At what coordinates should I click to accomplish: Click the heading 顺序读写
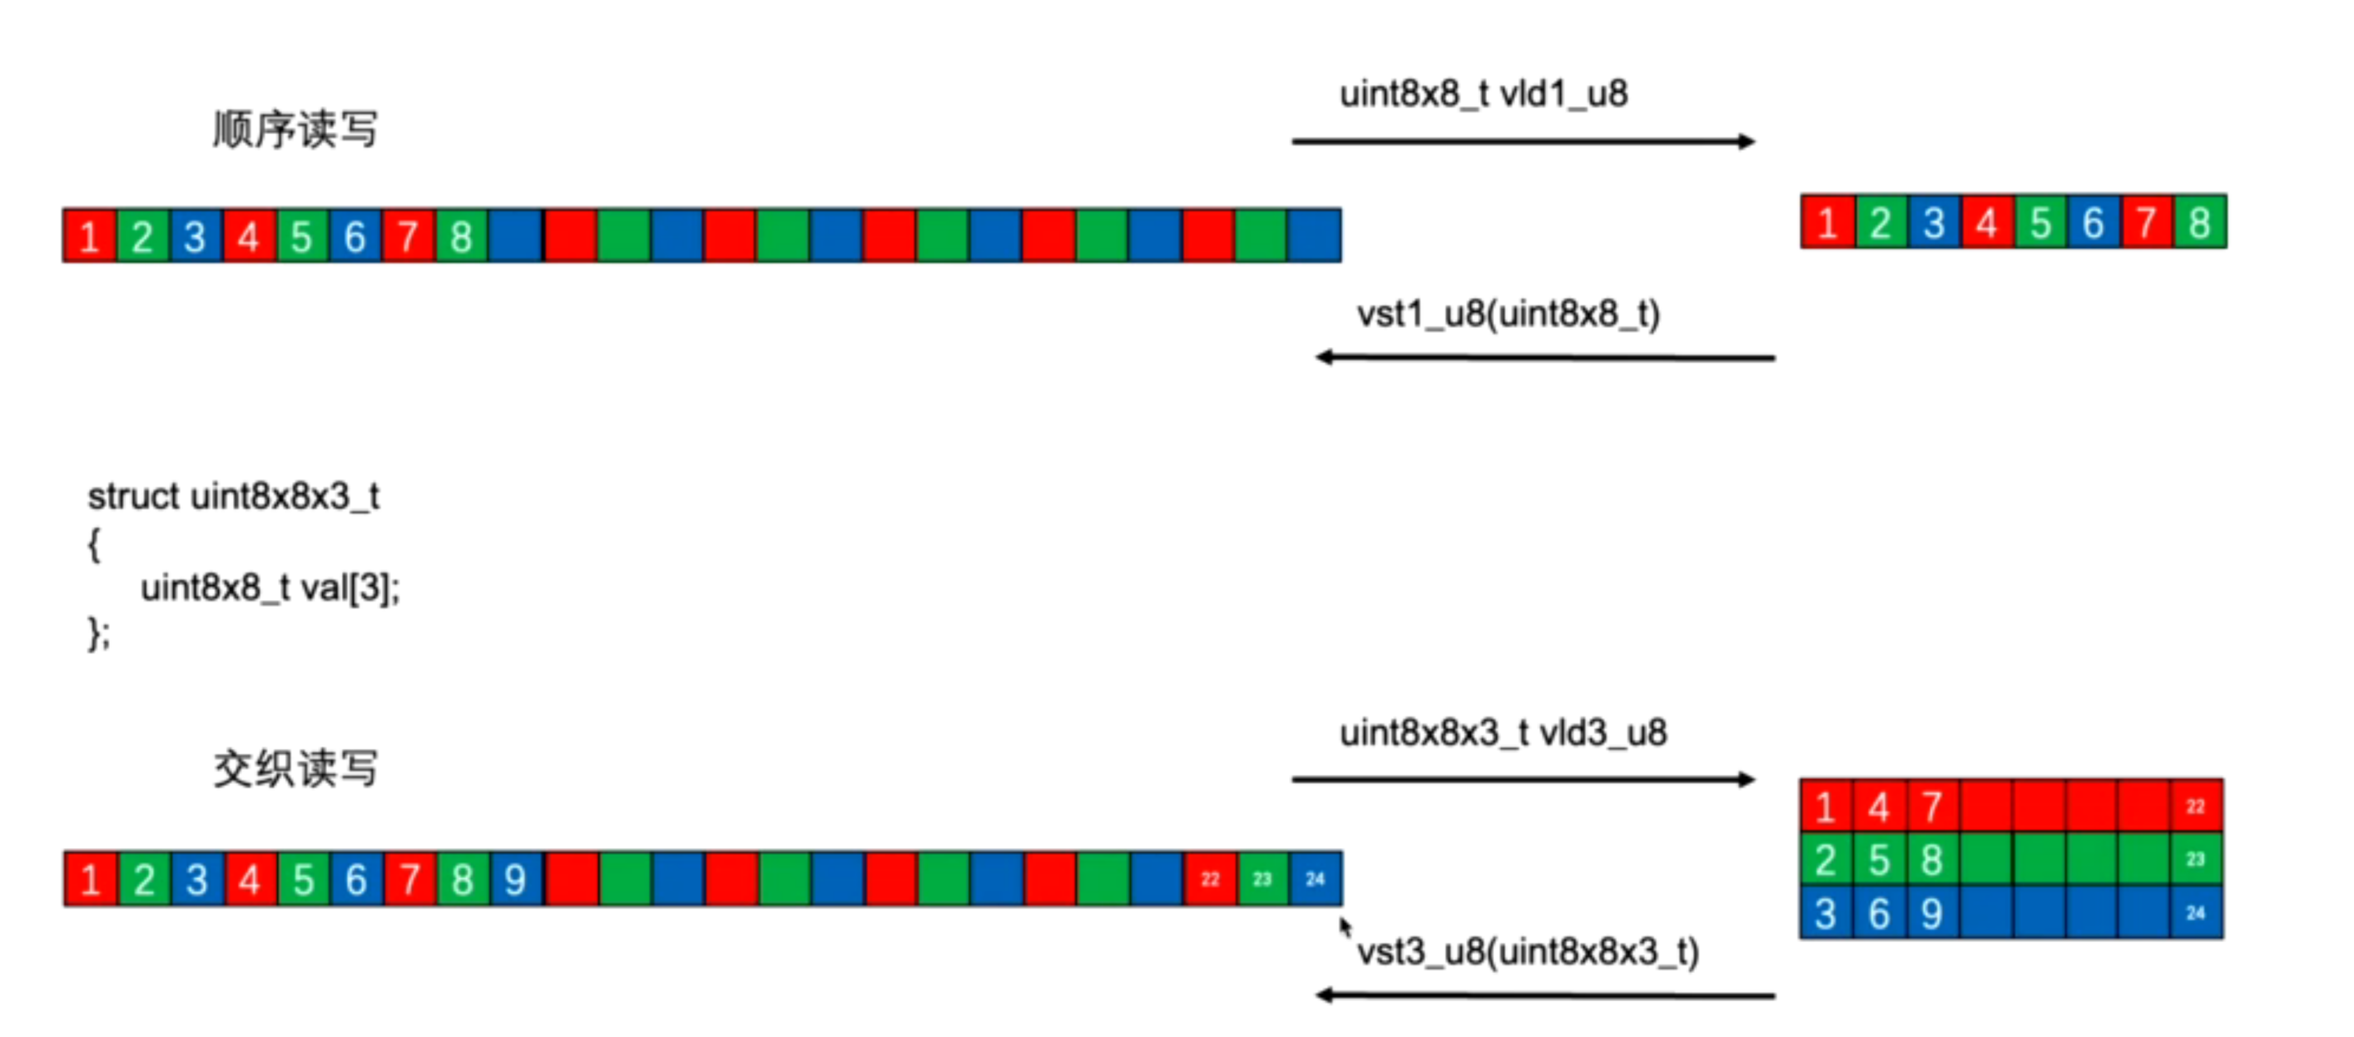pos(295,129)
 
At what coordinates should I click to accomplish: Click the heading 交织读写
pos(295,768)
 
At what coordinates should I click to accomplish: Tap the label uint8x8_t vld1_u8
pos(1483,94)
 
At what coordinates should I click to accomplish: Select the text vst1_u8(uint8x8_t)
pos(1508,315)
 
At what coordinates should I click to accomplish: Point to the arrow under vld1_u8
pos(1524,141)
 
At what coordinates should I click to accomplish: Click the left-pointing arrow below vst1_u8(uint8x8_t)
pos(1544,357)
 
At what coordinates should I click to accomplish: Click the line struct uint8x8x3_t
pos(233,497)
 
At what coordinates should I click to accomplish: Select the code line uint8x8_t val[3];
pos(270,588)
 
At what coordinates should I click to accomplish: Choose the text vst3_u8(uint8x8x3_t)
pos(1528,952)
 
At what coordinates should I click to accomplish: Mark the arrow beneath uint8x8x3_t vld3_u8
pos(1524,779)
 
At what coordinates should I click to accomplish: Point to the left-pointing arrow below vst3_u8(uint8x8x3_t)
pos(1544,995)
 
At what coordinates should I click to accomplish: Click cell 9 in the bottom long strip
pos(515,879)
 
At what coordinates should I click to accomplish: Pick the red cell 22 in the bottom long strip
pos(1210,879)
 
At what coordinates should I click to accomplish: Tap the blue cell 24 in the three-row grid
pos(2196,913)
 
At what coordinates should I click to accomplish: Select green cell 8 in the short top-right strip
pos(2199,222)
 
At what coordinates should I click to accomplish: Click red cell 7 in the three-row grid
pos(1931,806)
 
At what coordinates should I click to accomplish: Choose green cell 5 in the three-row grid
pos(1879,860)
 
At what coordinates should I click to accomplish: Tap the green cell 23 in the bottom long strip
pos(1263,879)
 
